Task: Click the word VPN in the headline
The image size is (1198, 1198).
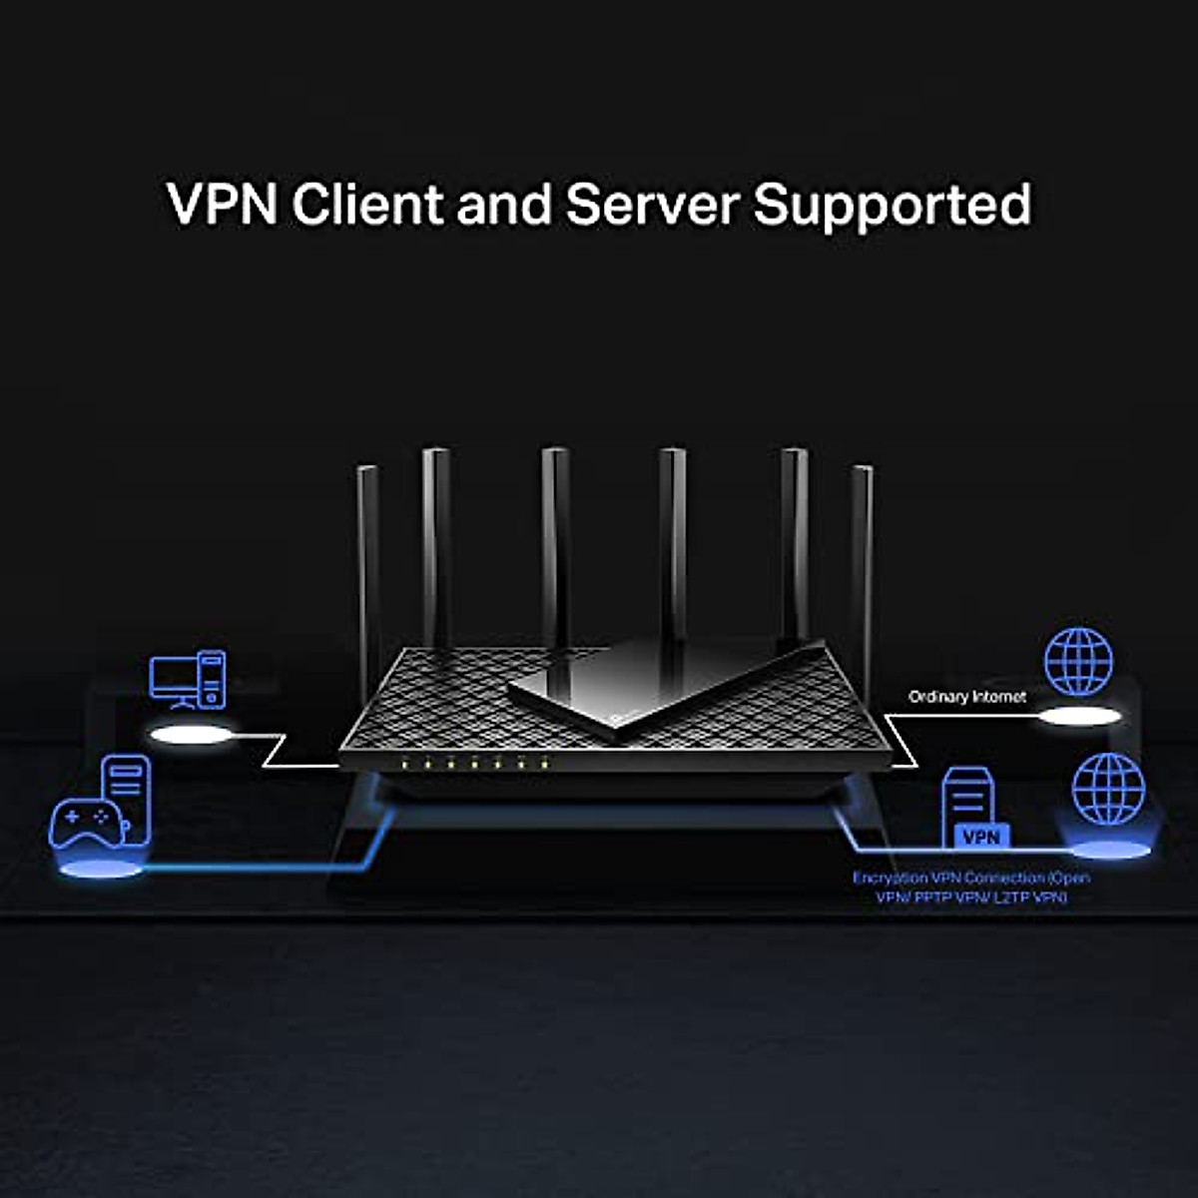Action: tap(222, 204)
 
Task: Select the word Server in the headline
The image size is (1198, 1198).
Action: tap(653, 204)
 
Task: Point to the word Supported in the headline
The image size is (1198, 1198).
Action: tap(893, 206)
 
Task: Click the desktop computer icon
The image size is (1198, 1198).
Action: tap(188, 680)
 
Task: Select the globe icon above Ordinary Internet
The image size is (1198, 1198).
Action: tap(1078, 662)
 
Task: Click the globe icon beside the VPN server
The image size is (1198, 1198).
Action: tap(1108, 789)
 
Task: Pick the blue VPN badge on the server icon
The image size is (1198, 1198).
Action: tap(981, 837)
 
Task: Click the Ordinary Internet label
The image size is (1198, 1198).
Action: tap(967, 697)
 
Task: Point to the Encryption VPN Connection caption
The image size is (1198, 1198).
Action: tap(971, 888)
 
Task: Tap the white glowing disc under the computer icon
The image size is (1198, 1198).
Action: tap(190, 736)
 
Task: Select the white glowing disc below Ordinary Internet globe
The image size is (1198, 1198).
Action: tap(1080, 716)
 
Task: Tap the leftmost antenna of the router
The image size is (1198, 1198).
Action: tap(368, 573)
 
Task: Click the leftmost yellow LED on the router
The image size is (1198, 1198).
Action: tap(403, 763)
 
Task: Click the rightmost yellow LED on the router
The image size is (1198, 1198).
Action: tap(545, 763)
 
